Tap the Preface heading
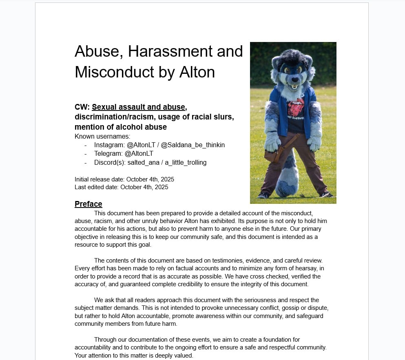(x=88, y=204)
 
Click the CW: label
(x=82, y=107)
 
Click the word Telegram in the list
(x=108, y=154)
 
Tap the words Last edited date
(x=97, y=188)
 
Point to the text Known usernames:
(x=102, y=136)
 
